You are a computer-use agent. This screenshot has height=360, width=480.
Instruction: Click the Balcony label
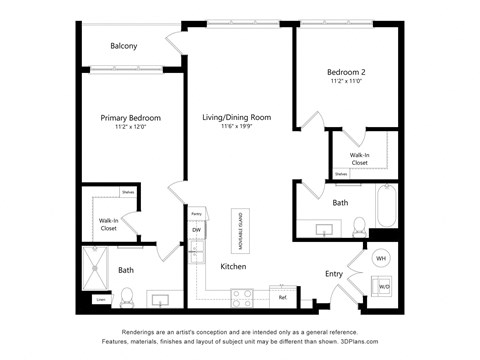point(124,46)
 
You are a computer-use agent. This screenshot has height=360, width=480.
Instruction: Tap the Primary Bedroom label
point(131,118)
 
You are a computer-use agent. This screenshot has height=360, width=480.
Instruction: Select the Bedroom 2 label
point(347,72)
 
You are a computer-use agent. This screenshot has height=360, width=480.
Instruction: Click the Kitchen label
point(233,266)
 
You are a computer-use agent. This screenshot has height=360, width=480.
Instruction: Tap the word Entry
point(334,273)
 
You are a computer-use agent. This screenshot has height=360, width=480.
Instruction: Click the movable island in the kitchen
point(241,231)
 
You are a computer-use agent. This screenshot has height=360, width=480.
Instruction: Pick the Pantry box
point(197,214)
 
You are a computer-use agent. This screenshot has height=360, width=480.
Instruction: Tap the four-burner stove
point(242,296)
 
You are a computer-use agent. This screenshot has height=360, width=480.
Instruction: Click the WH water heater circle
point(380,258)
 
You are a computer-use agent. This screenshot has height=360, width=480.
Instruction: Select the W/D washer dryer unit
point(383,287)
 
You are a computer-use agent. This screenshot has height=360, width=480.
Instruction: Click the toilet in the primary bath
point(127,297)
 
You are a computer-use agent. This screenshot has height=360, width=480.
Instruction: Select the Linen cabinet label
point(101,299)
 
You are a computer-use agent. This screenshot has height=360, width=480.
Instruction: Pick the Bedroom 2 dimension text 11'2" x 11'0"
point(347,82)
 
